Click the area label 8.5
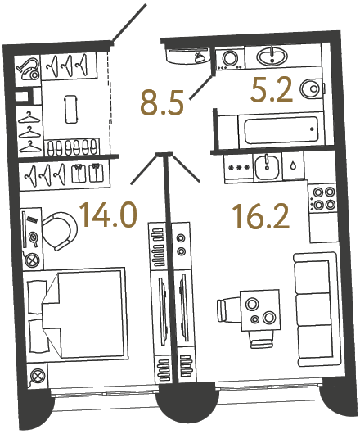click(161, 104)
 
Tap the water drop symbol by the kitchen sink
click(292, 165)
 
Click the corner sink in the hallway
click(189, 57)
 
